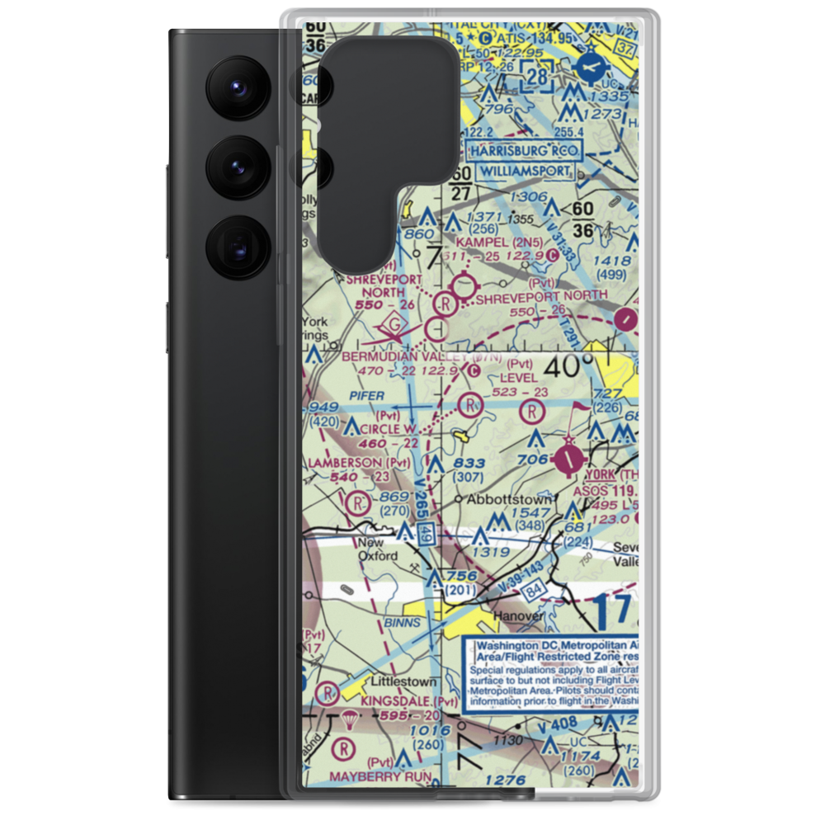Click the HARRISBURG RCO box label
tap(524, 151)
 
